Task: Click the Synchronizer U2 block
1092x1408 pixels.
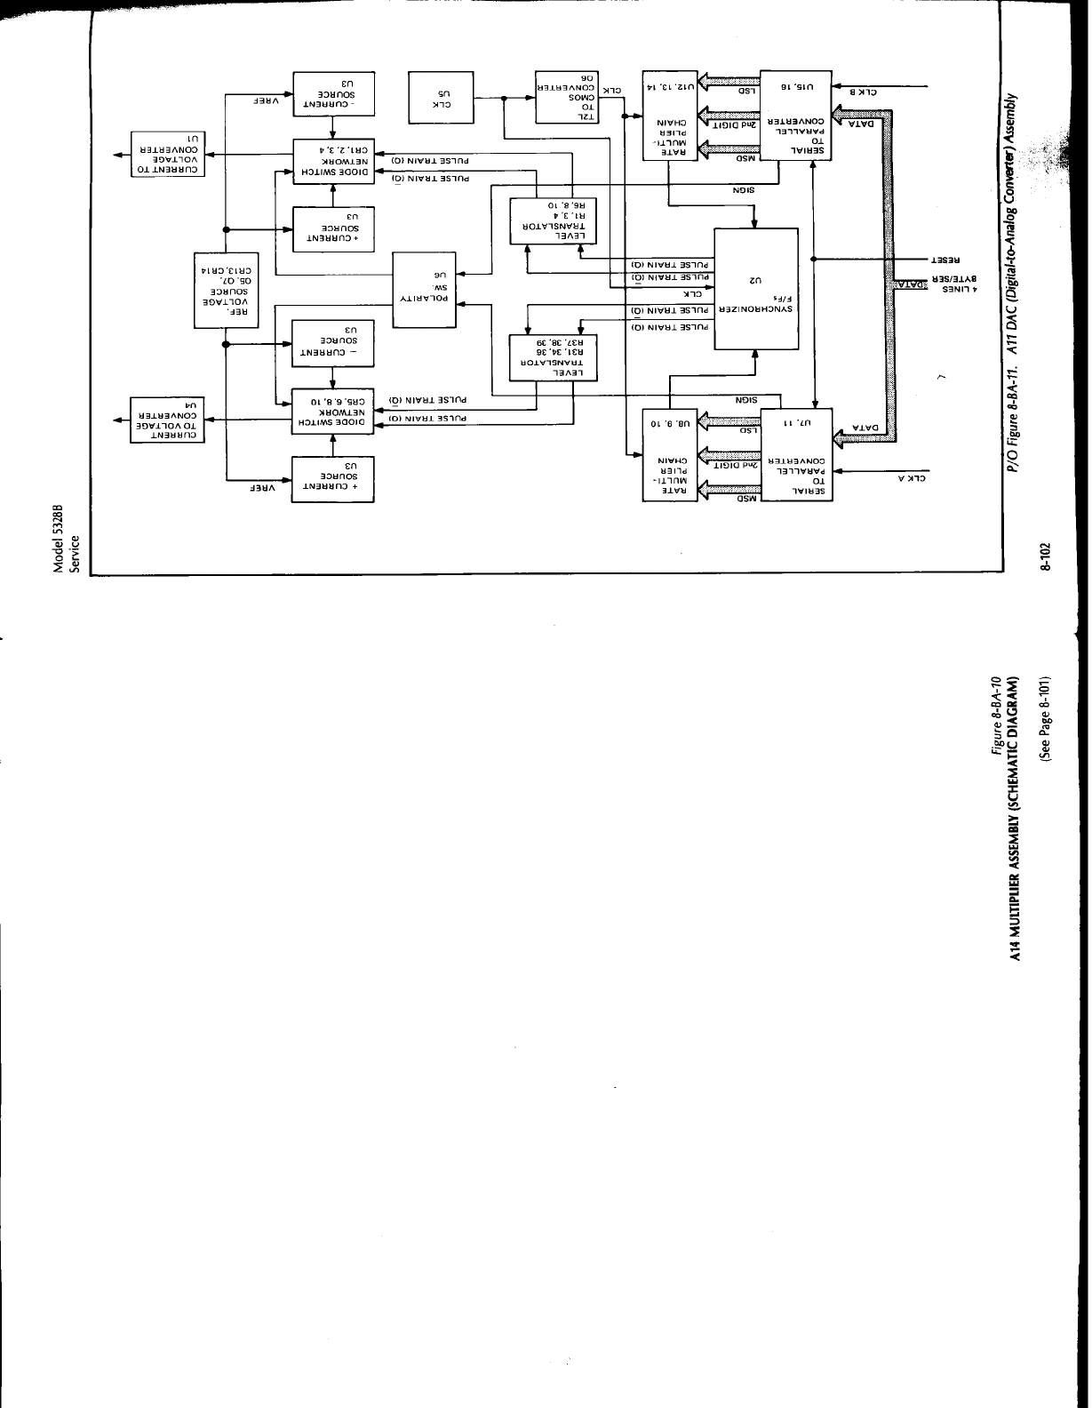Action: point(755,288)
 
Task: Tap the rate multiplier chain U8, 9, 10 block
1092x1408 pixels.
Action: point(672,453)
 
